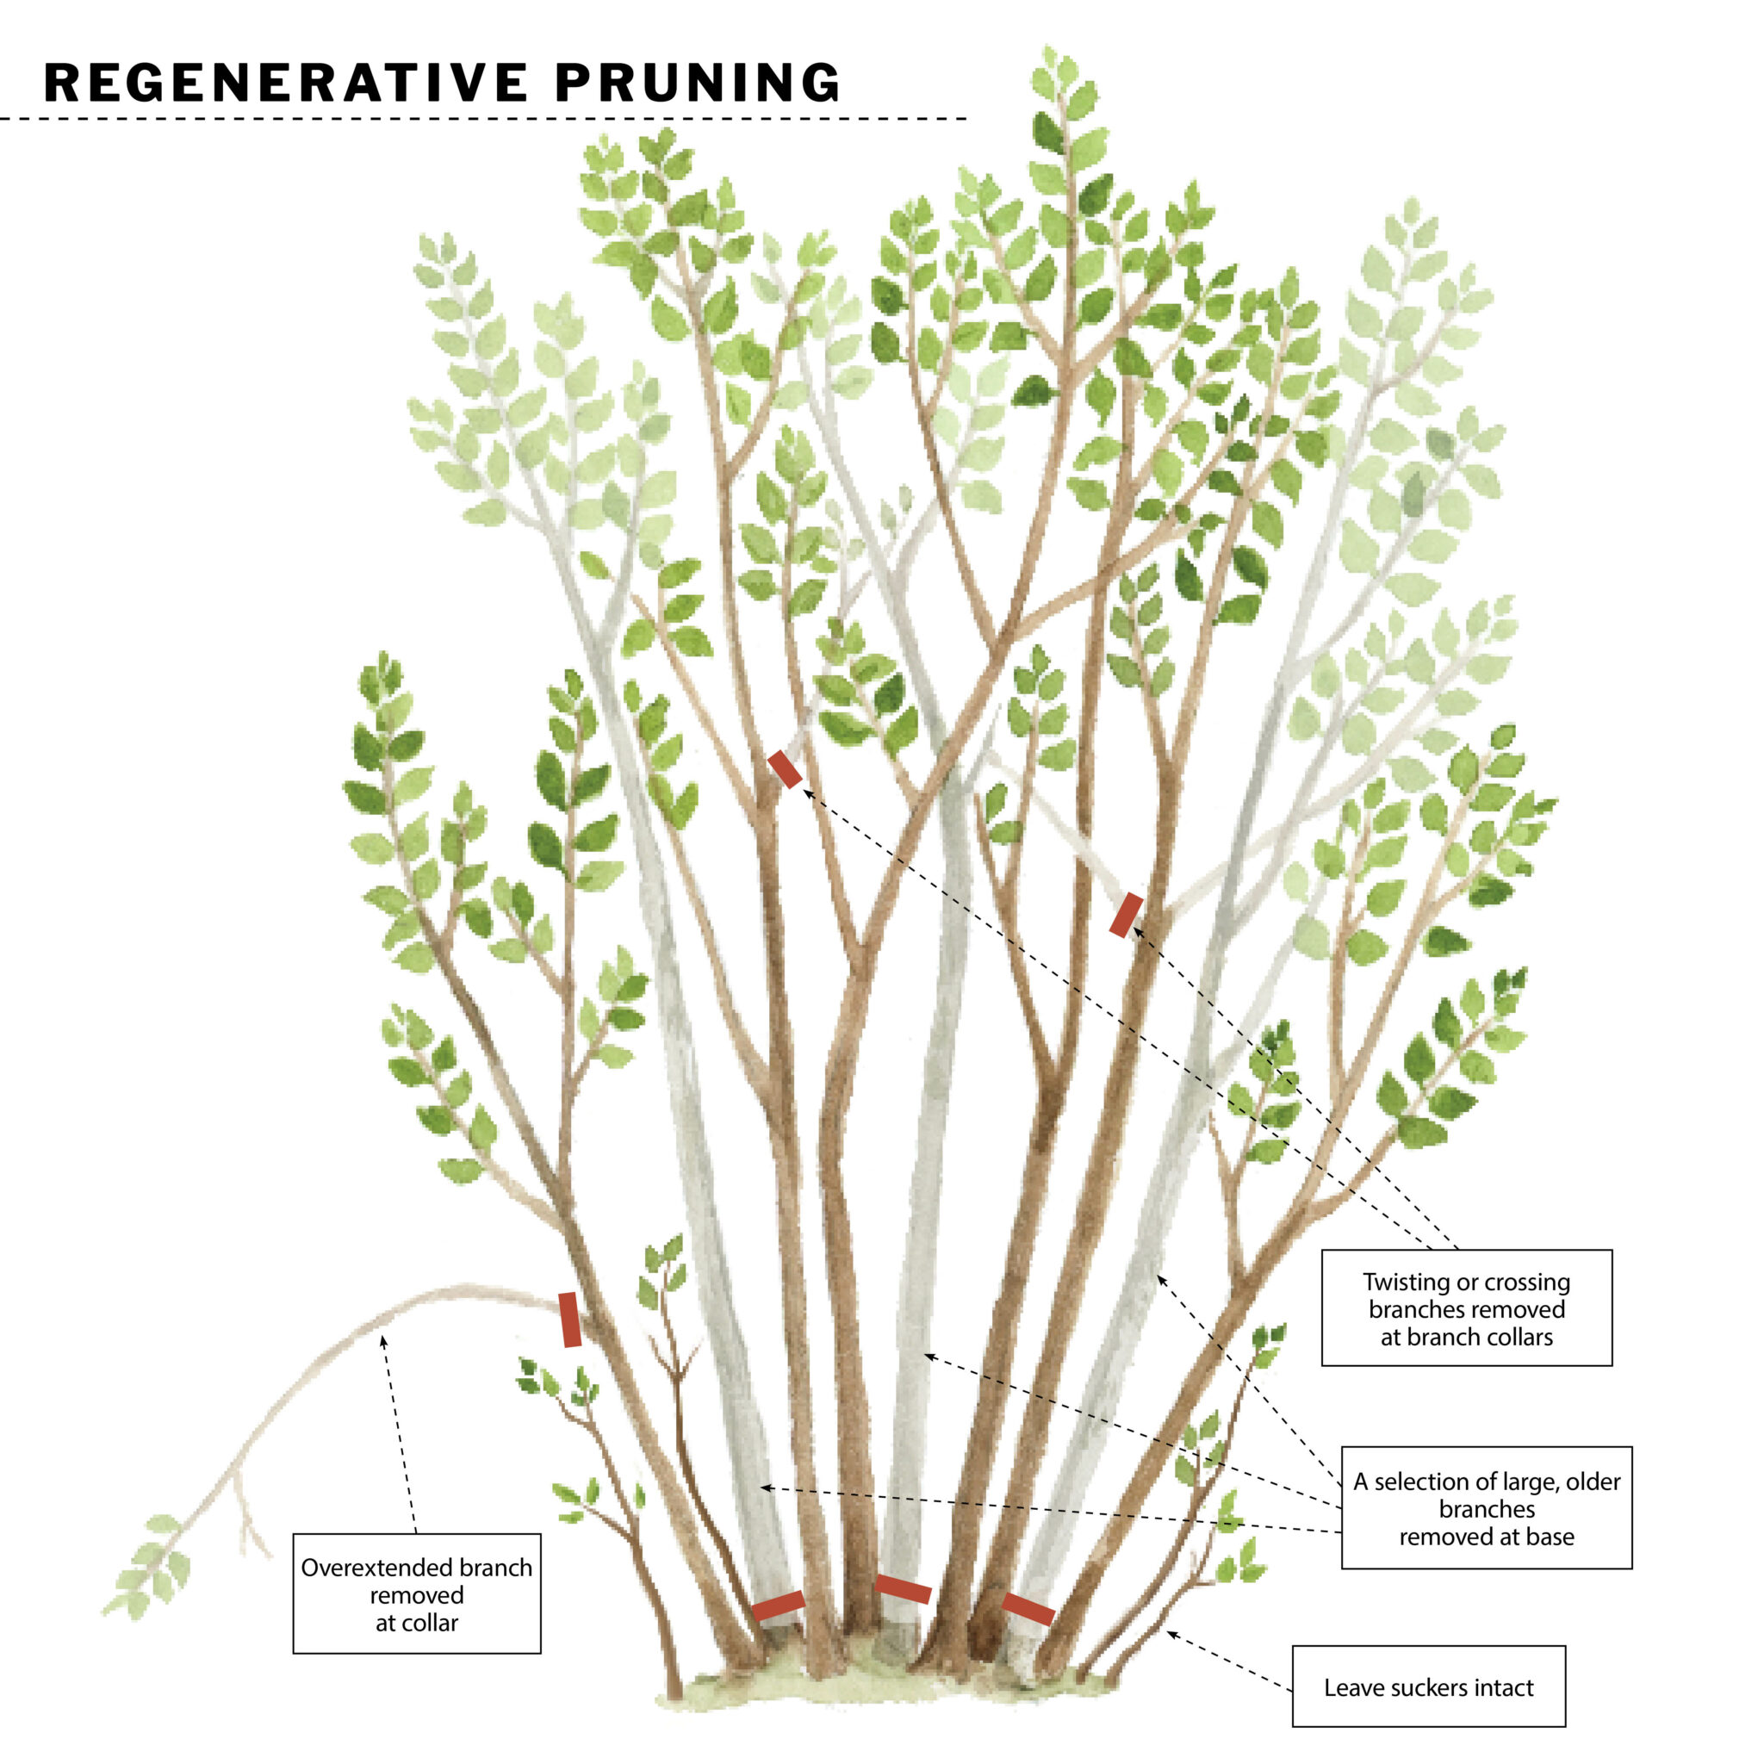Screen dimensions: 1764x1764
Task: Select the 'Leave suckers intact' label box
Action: [x=1428, y=1687]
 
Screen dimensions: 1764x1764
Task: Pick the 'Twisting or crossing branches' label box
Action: [x=1466, y=1308]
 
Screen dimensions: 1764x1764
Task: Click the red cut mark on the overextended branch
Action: [x=569, y=1320]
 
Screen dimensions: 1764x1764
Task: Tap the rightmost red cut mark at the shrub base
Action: [x=1028, y=1609]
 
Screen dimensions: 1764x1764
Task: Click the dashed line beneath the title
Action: [x=484, y=119]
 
